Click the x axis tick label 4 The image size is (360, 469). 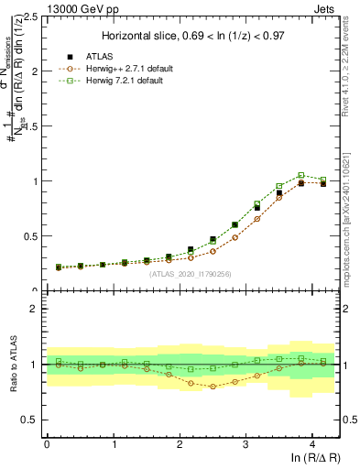tap(312, 444)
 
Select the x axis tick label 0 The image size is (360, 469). tap(47, 444)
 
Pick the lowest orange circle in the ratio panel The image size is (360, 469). tap(213, 387)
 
